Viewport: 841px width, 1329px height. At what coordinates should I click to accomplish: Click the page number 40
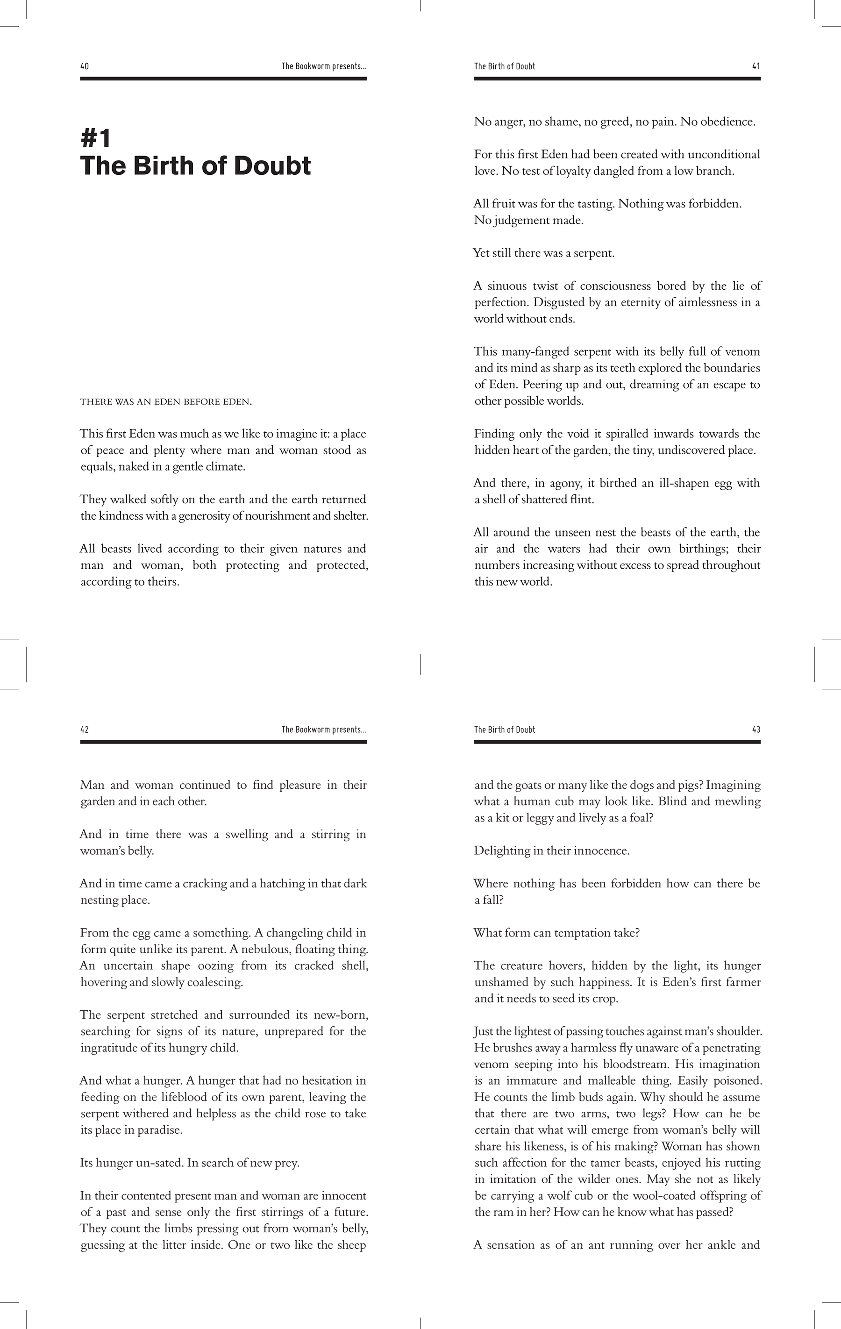pos(85,66)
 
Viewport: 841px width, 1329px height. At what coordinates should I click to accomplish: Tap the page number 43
pos(756,729)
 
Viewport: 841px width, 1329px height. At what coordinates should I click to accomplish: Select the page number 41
pos(756,66)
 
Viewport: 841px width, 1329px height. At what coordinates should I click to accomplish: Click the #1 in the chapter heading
pos(96,138)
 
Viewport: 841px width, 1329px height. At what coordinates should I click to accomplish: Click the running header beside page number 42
pos(324,729)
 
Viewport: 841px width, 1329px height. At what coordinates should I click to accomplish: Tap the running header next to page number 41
pos(505,66)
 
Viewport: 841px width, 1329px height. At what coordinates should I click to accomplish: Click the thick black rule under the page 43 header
pos(617,742)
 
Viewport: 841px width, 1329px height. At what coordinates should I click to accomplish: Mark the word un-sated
pos(157,1163)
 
